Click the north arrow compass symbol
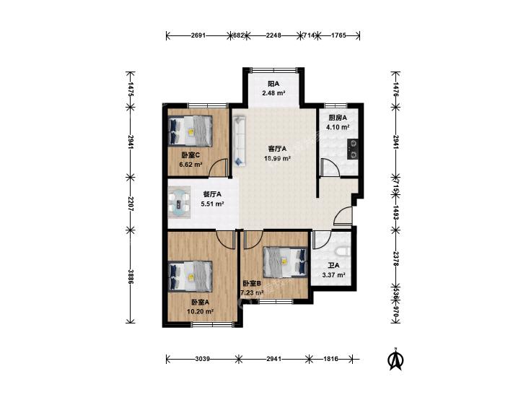pyautogui.click(x=395, y=359)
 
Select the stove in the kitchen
pyautogui.click(x=353, y=149)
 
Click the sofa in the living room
pyautogui.click(x=240, y=141)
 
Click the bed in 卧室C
pyautogui.click(x=190, y=131)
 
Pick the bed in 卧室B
pyautogui.click(x=285, y=262)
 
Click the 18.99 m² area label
pyautogui.click(x=277, y=158)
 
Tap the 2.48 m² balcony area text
pyautogui.click(x=273, y=93)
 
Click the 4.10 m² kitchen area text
pyautogui.click(x=338, y=127)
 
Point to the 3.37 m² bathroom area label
pyautogui.click(x=334, y=275)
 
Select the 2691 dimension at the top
pyautogui.click(x=198, y=35)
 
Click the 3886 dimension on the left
pyautogui.click(x=131, y=277)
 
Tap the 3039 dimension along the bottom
pyautogui.click(x=202, y=359)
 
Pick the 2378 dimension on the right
pyautogui.click(x=395, y=259)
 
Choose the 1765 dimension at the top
pyautogui.click(x=338, y=35)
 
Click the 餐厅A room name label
pyautogui.click(x=212, y=194)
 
